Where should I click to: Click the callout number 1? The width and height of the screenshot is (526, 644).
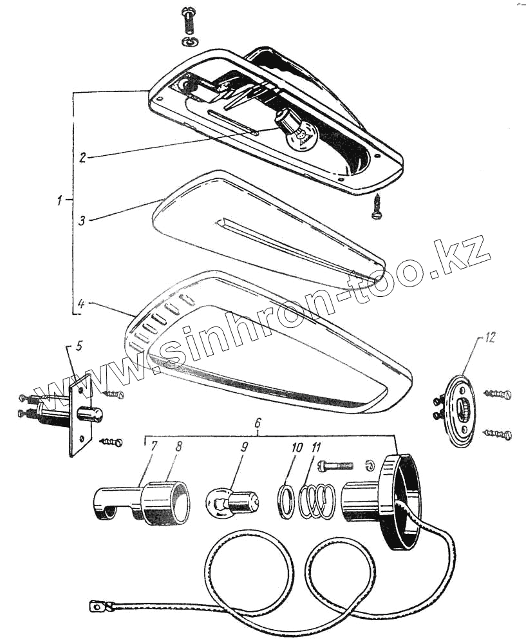point(59,201)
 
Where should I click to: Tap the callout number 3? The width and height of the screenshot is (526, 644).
point(82,220)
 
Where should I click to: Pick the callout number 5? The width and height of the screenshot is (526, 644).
point(79,346)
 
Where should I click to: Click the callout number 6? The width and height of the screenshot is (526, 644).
point(258,424)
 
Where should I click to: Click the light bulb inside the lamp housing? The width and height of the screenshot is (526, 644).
point(298,130)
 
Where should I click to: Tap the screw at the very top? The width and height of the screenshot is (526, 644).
point(189,21)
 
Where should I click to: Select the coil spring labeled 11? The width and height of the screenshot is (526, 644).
point(315,500)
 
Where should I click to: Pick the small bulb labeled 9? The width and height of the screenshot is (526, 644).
point(232,501)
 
